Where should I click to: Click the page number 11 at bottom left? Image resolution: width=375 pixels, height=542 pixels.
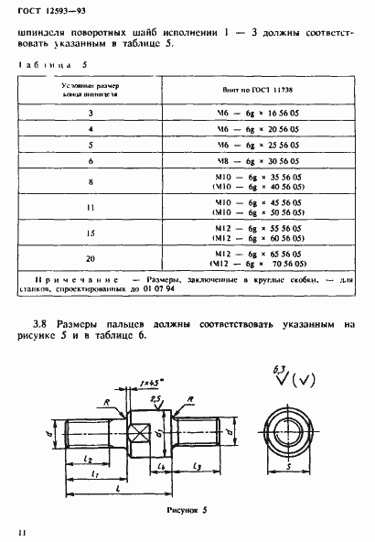click(x=17, y=530)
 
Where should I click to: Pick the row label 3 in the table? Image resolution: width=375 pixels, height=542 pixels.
click(x=91, y=113)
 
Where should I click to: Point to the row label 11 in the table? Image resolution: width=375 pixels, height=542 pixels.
click(x=91, y=208)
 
